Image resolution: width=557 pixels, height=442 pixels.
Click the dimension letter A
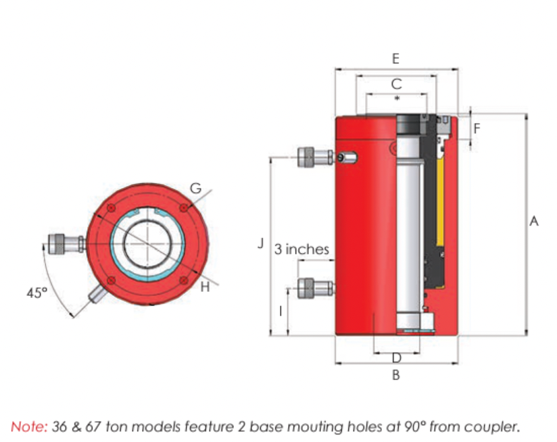[534, 221]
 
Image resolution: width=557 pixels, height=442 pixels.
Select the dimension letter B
[396, 374]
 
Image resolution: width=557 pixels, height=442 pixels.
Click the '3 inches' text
[302, 249]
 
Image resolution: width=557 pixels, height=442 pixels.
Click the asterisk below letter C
[397, 97]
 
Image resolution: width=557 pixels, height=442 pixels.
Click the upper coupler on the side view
[315, 157]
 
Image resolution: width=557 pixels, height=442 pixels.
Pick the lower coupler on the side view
[315, 289]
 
